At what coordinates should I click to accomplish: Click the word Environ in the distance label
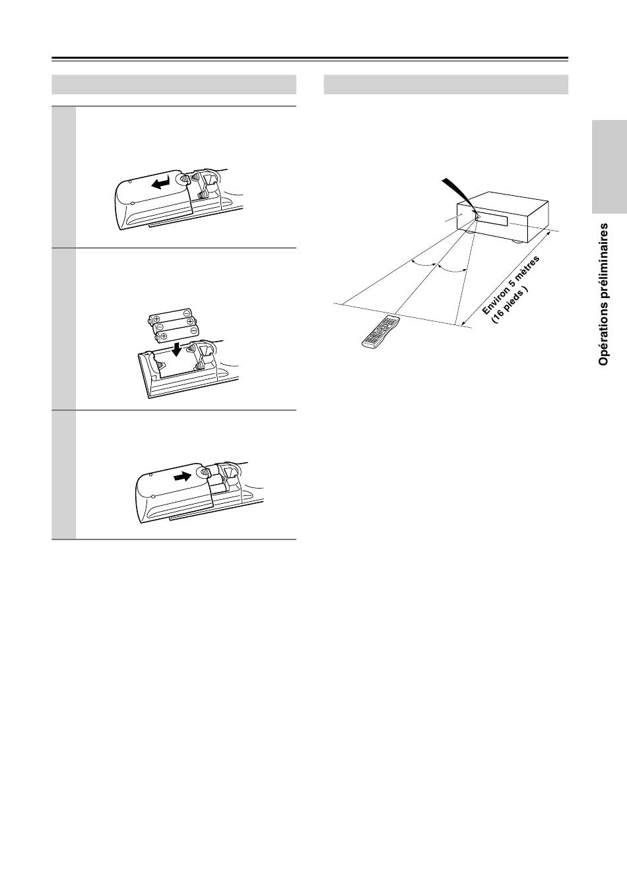coord(496,299)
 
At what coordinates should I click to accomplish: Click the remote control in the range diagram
coord(381,332)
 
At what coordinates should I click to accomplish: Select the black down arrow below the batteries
coord(178,349)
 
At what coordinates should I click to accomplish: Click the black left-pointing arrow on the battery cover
coord(162,182)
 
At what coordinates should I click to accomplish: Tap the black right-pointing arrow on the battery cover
coord(182,477)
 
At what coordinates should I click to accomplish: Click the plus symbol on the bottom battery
coord(161,336)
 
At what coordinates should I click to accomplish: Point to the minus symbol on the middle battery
coord(160,328)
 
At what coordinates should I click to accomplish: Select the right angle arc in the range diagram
coord(452,270)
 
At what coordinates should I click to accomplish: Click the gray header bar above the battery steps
coord(174,84)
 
